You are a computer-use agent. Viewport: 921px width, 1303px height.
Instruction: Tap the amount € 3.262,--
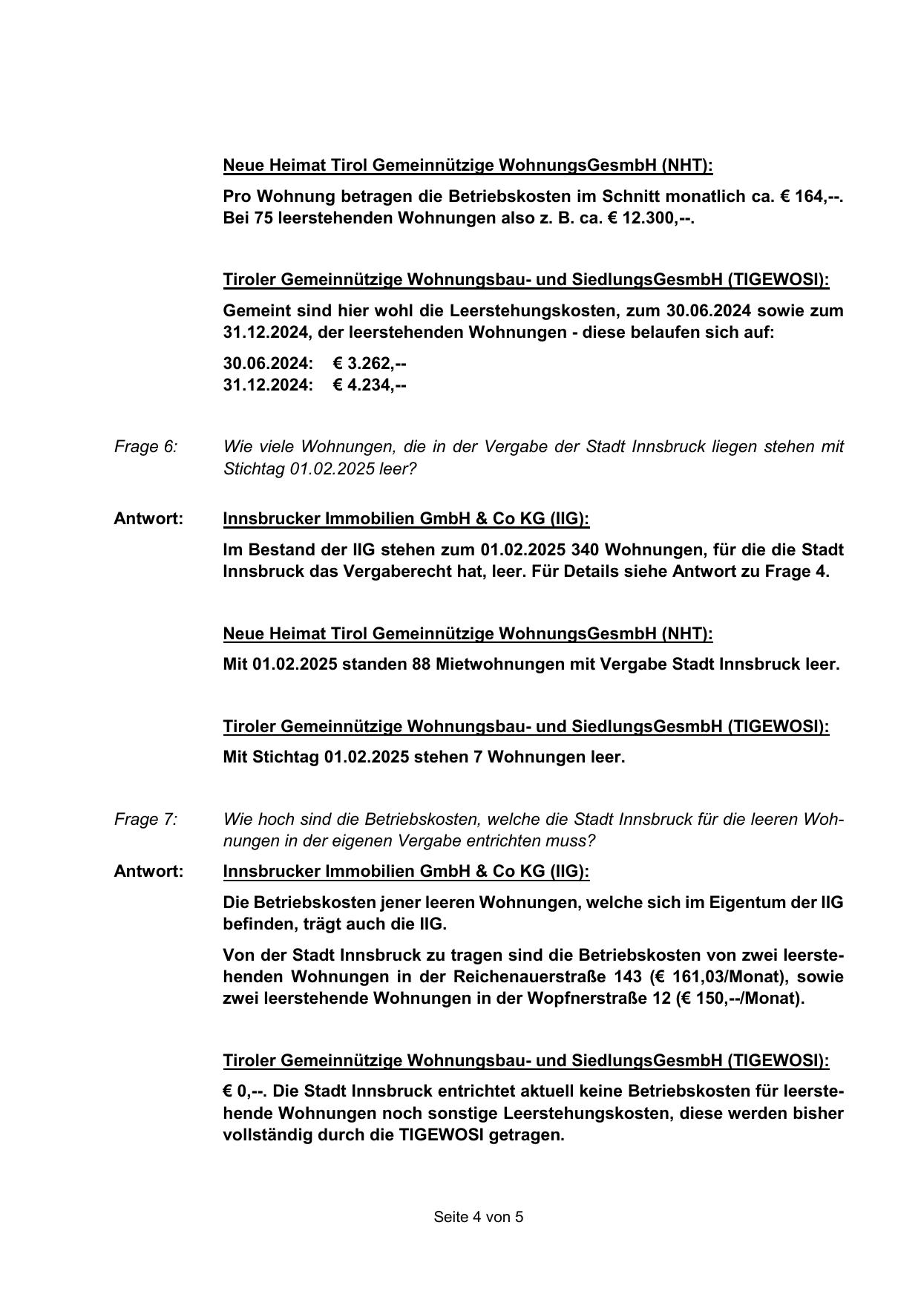pyautogui.click(x=370, y=364)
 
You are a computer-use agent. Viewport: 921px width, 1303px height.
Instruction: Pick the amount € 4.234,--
pyautogui.click(x=370, y=385)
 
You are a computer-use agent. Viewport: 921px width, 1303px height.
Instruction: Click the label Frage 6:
pyautogui.click(x=145, y=447)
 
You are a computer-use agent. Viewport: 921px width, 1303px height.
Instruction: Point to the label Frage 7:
pyautogui.click(x=145, y=820)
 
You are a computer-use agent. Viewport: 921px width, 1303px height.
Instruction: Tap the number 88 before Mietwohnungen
pyautogui.click(x=421, y=664)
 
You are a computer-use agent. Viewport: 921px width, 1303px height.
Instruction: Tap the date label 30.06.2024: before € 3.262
pyautogui.click(x=268, y=364)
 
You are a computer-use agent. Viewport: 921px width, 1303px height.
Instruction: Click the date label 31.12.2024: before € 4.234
pyautogui.click(x=268, y=385)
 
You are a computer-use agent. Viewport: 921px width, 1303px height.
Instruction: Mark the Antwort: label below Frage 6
pyautogui.click(x=148, y=519)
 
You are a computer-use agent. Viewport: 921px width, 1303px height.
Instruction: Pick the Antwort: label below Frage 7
pyautogui.click(x=148, y=872)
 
